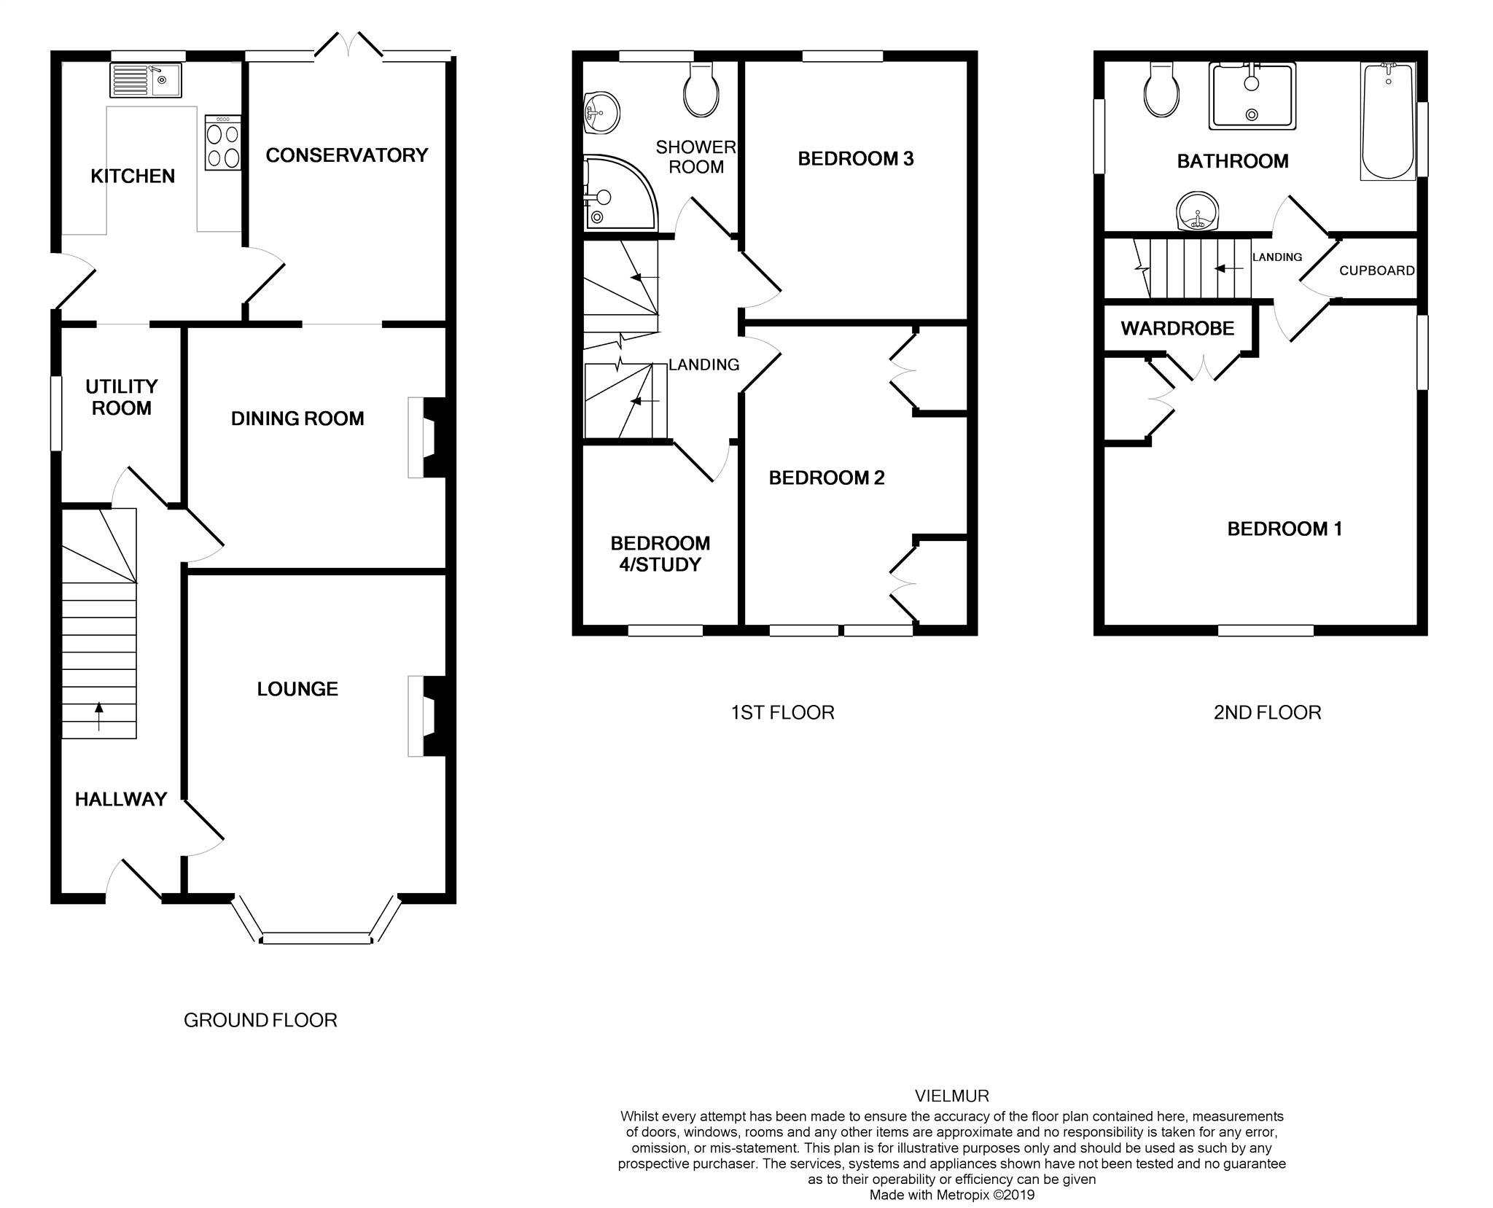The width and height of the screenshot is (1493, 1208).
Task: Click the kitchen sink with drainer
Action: (146, 80)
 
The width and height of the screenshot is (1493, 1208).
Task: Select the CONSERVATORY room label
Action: (346, 155)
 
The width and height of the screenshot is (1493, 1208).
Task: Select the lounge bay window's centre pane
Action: (316, 939)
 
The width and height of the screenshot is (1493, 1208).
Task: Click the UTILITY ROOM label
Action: (121, 397)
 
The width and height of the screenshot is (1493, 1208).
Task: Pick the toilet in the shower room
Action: (701, 91)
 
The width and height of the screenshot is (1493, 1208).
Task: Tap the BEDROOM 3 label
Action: (855, 159)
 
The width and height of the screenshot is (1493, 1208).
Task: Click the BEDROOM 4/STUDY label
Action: (660, 554)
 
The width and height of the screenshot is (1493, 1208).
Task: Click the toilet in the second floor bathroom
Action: (1162, 91)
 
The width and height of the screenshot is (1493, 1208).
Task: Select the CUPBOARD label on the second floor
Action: (1376, 270)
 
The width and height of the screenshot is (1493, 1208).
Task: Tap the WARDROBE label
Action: (1177, 329)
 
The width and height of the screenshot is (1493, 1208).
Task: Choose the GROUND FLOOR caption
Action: (260, 1021)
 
